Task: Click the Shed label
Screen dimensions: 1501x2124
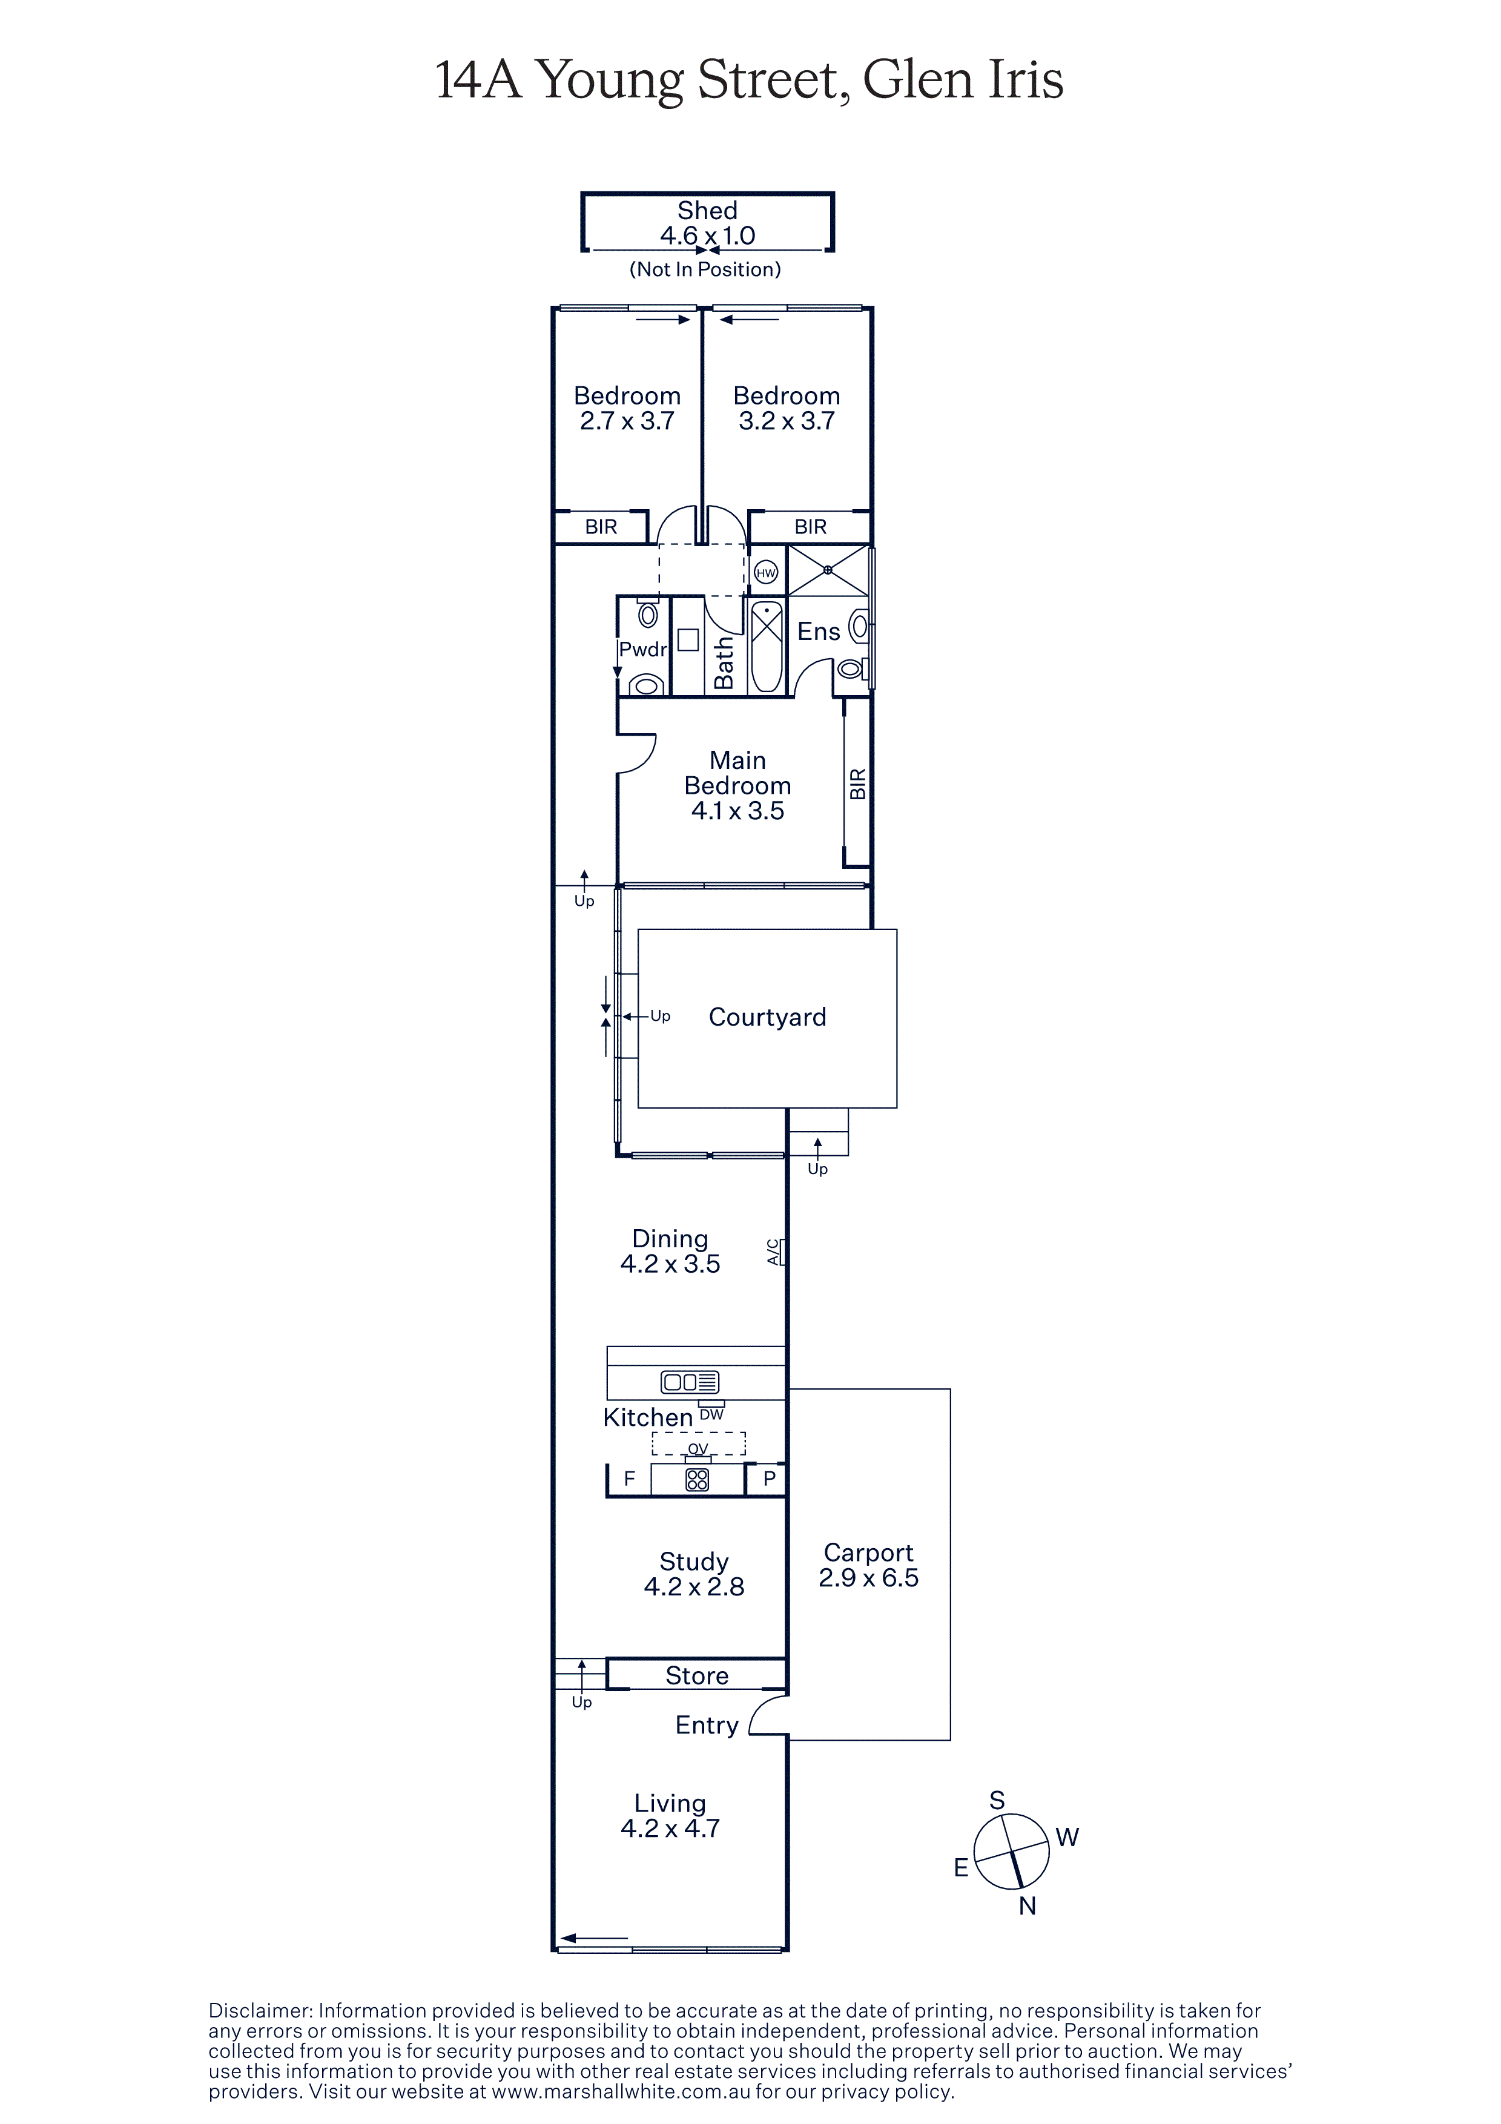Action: click(x=707, y=211)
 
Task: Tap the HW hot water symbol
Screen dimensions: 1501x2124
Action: click(x=766, y=573)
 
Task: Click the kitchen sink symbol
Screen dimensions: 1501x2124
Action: click(x=690, y=1382)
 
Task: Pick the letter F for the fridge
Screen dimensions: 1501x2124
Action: click(x=630, y=1479)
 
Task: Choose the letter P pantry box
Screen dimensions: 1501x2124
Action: click(x=768, y=1479)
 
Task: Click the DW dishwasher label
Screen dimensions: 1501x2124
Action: click(x=711, y=1414)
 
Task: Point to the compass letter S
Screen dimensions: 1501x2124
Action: click(x=997, y=1799)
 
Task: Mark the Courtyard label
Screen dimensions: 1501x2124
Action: click(x=768, y=1018)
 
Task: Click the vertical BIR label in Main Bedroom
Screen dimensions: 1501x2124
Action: click(x=858, y=785)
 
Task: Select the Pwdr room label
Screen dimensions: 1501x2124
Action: click(x=643, y=650)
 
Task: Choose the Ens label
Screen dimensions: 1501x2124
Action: click(x=819, y=632)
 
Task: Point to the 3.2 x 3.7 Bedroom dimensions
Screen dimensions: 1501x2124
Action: click(x=787, y=421)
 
